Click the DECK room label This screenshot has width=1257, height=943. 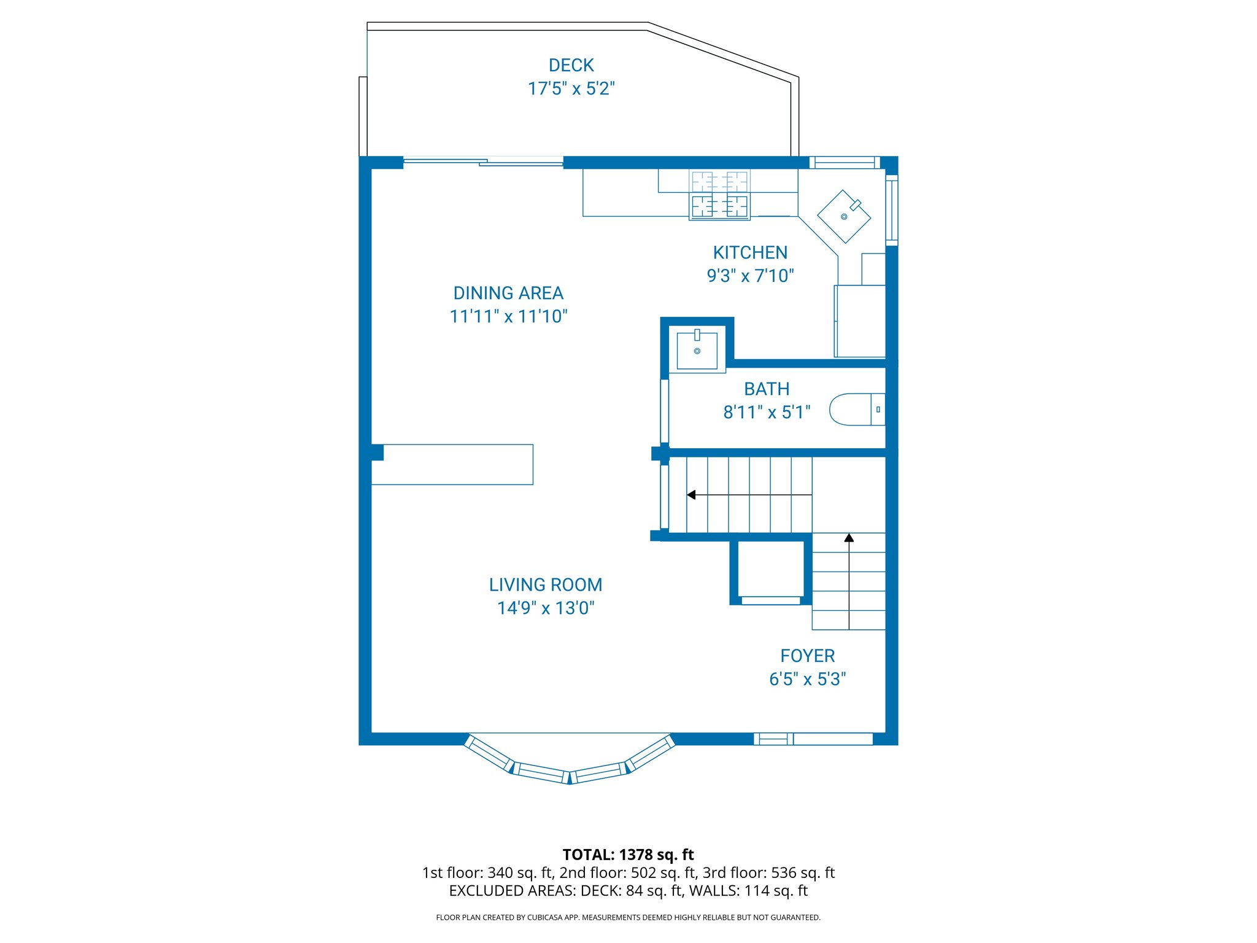point(571,65)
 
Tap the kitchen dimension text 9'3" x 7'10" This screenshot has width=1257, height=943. point(750,276)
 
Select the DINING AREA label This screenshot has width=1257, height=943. point(508,293)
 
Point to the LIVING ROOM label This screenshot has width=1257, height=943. point(546,584)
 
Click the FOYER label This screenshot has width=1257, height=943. point(807,656)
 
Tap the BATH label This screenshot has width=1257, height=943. point(767,389)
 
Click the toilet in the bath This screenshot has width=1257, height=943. point(856,409)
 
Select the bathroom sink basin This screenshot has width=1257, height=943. point(697,351)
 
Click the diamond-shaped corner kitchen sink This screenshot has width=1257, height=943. point(844,216)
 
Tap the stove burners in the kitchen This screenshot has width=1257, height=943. point(719,195)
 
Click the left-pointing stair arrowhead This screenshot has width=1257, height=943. point(692,495)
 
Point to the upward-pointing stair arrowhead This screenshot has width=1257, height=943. point(849,538)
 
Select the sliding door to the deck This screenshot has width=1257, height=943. point(483,162)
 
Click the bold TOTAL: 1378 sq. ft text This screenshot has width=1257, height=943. point(628,855)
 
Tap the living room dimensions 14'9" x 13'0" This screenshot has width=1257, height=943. point(546,608)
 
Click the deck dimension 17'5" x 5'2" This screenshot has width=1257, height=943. point(571,88)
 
